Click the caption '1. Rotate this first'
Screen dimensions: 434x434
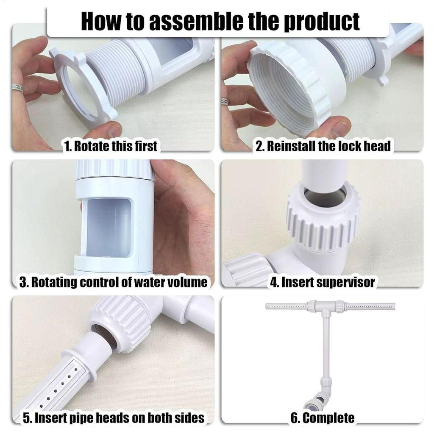point(110,146)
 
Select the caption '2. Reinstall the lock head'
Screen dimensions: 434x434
point(323,146)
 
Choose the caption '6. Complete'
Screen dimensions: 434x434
point(323,418)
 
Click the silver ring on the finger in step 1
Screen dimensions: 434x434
point(17,88)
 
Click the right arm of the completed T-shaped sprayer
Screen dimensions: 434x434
point(371,306)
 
